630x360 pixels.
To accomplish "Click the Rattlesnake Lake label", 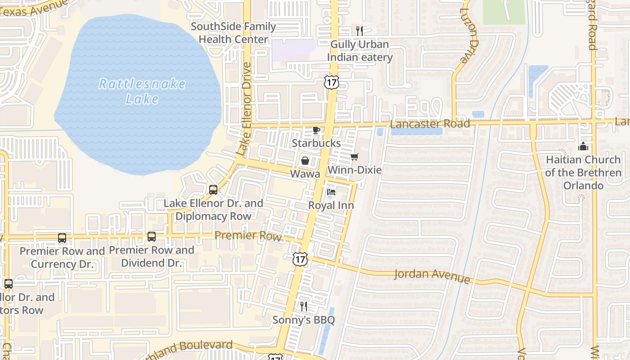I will pyautogui.click(x=142, y=91).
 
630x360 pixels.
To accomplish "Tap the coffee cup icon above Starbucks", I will pyautogui.click(x=316, y=130).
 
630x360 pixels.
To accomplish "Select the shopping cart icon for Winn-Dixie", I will pyautogui.click(x=355, y=157).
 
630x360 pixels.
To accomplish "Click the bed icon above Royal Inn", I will pyautogui.click(x=331, y=193).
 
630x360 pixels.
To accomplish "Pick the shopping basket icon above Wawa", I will pyautogui.click(x=305, y=161).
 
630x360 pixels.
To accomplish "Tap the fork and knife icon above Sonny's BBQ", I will pyautogui.click(x=304, y=306).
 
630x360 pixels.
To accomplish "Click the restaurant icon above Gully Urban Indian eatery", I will pyautogui.click(x=359, y=31).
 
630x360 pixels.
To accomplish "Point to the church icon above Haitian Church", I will pyautogui.click(x=583, y=147).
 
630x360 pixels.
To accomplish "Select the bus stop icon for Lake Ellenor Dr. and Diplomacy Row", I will pyautogui.click(x=213, y=190).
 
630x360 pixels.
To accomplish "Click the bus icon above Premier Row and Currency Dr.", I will pyautogui.click(x=62, y=238).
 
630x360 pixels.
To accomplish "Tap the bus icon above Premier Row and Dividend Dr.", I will pyautogui.click(x=152, y=237).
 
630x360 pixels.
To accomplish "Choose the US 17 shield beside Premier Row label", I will pyautogui.click(x=299, y=259).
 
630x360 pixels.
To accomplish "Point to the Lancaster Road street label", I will pyautogui.click(x=430, y=124).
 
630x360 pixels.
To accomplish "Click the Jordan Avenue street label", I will pyautogui.click(x=432, y=275).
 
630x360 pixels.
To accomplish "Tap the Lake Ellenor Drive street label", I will pyautogui.click(x=244, y=109).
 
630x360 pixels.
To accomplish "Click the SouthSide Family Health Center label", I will pyautogui.click(x=233, y=33).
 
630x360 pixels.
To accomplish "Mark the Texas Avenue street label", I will pyautogui.click(x=34, y=9).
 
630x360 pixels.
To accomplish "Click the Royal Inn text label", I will pyautogui.click(x=331, y=206).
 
